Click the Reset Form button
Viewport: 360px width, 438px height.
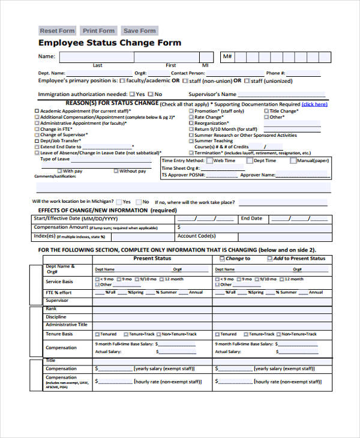tap(57, 31)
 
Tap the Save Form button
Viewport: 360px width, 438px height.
tap(139, 31)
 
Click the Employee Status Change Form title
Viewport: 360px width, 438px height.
tap(110, 43)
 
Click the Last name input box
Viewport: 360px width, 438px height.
tap(96, 57)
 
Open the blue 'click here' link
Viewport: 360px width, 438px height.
tap(314, 104)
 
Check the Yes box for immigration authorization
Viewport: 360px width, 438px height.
tap(132, 94)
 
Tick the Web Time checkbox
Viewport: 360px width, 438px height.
tap(209, 161)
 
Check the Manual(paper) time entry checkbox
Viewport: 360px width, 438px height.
tap(293, 161)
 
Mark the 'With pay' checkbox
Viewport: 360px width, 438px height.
tap(59, 171)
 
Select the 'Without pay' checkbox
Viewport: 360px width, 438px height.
tap(115, 171)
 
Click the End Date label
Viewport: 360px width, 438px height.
tap(251, 218)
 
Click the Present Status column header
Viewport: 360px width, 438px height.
tap(152, 258)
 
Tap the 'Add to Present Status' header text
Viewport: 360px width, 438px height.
tap(299, 259)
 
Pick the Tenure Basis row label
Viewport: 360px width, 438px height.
tap(59, 334)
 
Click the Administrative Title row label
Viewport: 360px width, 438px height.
tap(66, 325)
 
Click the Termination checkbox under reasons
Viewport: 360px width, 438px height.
tap(191, 153)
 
